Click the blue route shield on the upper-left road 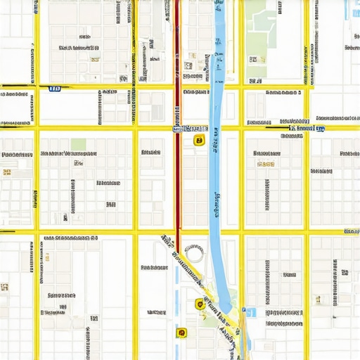point(54,89)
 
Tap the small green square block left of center point(78,144)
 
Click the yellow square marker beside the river point(199,140)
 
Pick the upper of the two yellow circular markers point(200,304)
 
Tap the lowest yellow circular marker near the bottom point(182,332)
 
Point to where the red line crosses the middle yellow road point(176,128)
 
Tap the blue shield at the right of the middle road point(320,128)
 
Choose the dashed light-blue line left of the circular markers point(176,295)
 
